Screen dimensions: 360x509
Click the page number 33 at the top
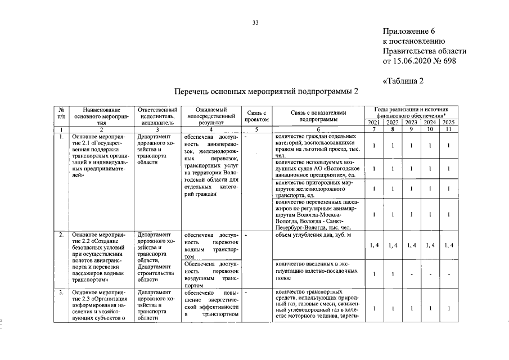coord(255,22)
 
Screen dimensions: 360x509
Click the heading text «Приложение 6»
coord(408,31)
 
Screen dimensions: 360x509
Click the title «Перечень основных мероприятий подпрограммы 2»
coord(265,92)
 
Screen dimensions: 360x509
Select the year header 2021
coord(373,123)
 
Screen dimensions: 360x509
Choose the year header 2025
coord(448,123)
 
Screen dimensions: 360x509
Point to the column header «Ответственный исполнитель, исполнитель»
coord(153,115)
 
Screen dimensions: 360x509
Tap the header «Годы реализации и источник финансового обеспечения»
coord(411,112)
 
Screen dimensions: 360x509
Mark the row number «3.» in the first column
coord(61,292)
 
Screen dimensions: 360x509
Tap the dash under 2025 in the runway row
coord(448,274)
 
